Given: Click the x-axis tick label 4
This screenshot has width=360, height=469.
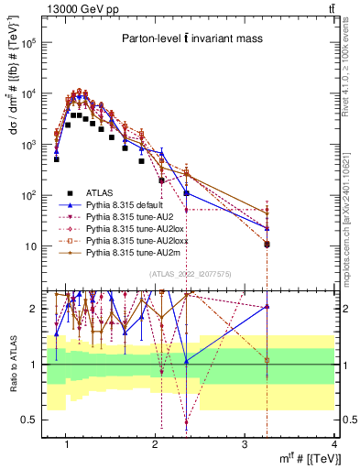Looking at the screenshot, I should pos(334,444).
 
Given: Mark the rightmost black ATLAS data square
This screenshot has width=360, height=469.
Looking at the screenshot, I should pos(267,245).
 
